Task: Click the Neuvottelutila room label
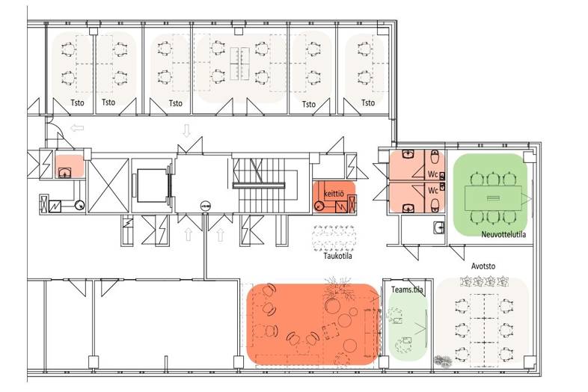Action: [503, 234]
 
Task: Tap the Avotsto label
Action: [483, 266]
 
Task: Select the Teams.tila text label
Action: [407, 290]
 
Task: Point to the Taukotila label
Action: [337, 256]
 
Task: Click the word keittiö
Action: [334, 194]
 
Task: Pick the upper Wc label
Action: [432, 174]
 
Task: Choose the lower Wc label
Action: [432, 191]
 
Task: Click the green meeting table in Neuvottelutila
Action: [493, 198]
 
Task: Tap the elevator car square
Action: [152, 186]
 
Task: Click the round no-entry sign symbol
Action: [206, 206]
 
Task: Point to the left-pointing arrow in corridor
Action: [77, 128]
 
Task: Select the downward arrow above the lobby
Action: [186, 130]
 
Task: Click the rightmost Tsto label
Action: [368, 102]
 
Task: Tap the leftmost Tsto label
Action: [77, 102]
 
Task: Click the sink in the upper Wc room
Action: [408, 153]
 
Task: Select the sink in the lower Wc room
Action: [408, 209]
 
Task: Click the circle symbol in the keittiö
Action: [319, 206]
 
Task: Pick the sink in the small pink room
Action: [64, 173]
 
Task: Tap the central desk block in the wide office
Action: [239, 64]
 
